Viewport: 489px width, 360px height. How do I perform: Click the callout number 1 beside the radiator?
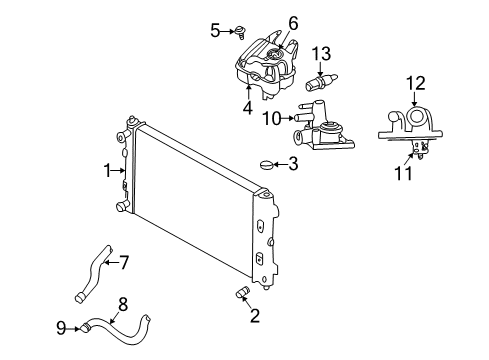tap(107, 171)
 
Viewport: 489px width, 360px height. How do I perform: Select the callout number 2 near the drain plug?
tap(254, 316)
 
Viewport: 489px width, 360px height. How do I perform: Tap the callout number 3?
tap(292, 163)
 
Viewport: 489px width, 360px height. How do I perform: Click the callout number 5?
tap(215, 31)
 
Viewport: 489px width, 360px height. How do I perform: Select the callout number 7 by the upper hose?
tap(124, 264)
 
